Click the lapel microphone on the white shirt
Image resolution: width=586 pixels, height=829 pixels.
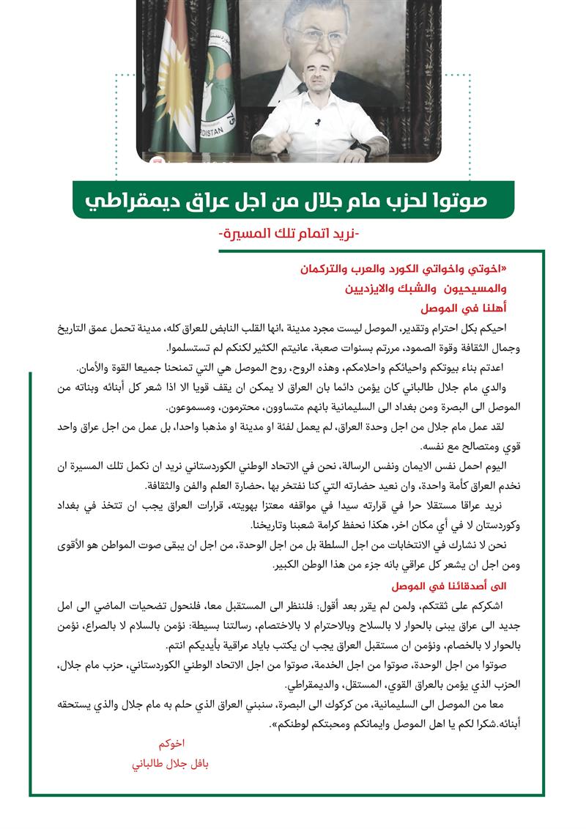point(318,122)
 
